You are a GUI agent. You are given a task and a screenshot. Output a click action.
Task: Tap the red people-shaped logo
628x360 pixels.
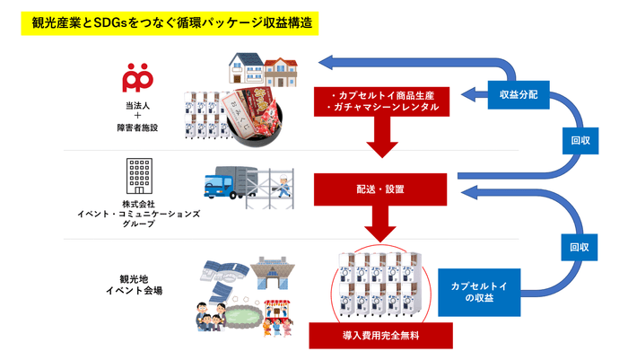click(x=137, y=77)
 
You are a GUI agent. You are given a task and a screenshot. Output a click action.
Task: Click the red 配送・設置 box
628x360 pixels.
click(x=379, y=189)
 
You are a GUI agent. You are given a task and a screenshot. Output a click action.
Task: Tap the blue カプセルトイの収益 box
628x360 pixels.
click(x=479, y=291)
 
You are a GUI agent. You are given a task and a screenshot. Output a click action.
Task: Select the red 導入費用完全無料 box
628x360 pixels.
click(x=379, y=335)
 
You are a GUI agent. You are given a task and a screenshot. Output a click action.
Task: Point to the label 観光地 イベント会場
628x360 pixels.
click(x=135, y=285)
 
